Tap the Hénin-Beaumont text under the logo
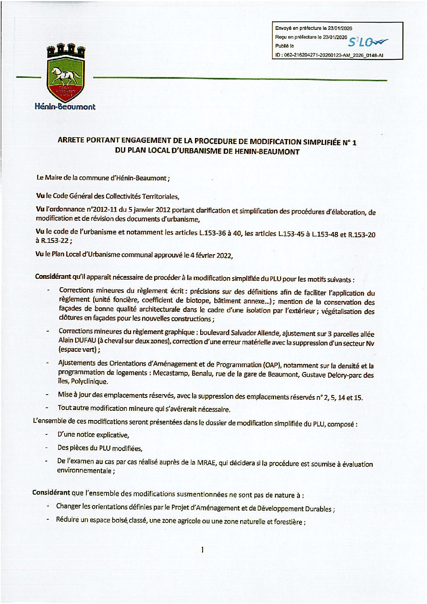[x=65, y=107]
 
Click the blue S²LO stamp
[x=368, y=41]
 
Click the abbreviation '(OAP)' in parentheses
[x=272, y=366]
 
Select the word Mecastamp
[x=170, y=373]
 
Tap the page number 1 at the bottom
[x=202, y=550]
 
